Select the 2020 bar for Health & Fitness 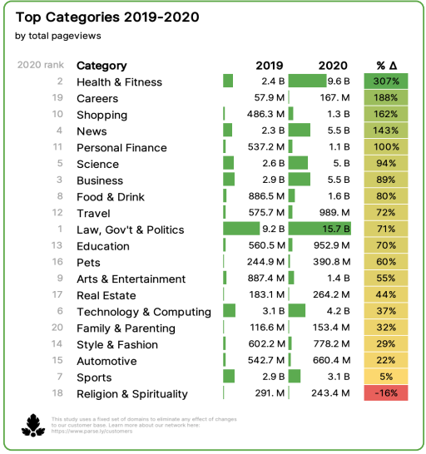coord(307,81)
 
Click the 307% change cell coord(386,81)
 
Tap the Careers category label coord(97,98)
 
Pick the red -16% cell coord(386,393)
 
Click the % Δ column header coord(386,66)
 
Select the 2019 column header coord(269,66)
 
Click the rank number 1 coord(60,229)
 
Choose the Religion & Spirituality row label coord(132,394)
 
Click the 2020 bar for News coord(299,131)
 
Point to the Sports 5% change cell coord(386,377)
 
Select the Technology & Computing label coord(144,312)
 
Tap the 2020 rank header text coord(40,66)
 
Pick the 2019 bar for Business coord(229,180)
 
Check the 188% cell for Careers coord(386,98)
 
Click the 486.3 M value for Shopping coord(265,115)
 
